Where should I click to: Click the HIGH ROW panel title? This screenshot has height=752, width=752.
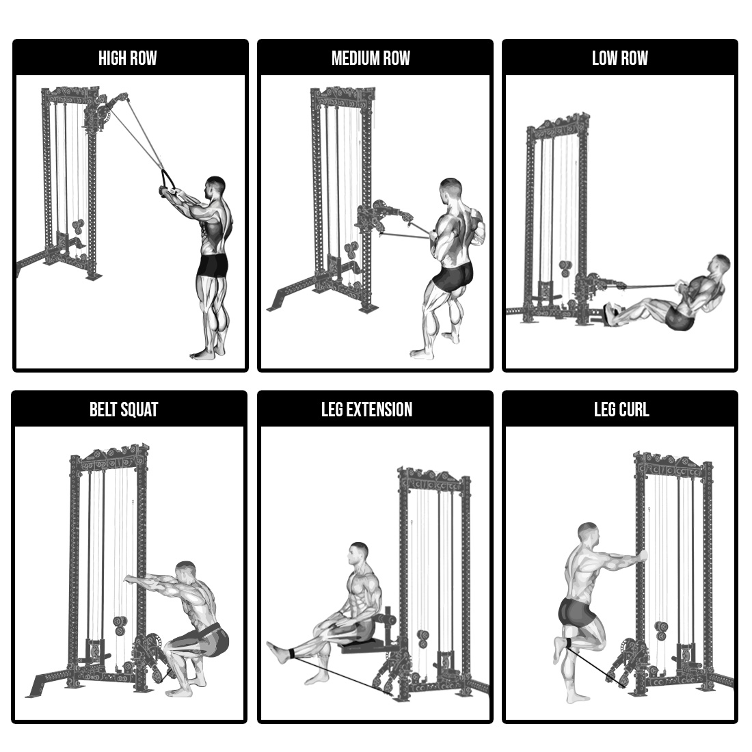(x=128, y=58)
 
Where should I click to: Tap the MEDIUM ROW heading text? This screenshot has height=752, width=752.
(x=371, y=58)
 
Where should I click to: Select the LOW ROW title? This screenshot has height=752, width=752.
(x=619, y=58)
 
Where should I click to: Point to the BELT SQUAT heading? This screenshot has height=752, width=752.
(x=124, y=409)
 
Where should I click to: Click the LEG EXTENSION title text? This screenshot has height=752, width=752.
(x=367, y=409)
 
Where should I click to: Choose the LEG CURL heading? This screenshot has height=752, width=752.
(x=621, y=409)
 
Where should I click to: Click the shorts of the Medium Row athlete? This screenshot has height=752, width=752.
(x=453, y=276)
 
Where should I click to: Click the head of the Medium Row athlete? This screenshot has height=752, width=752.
(x=451, y=191)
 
